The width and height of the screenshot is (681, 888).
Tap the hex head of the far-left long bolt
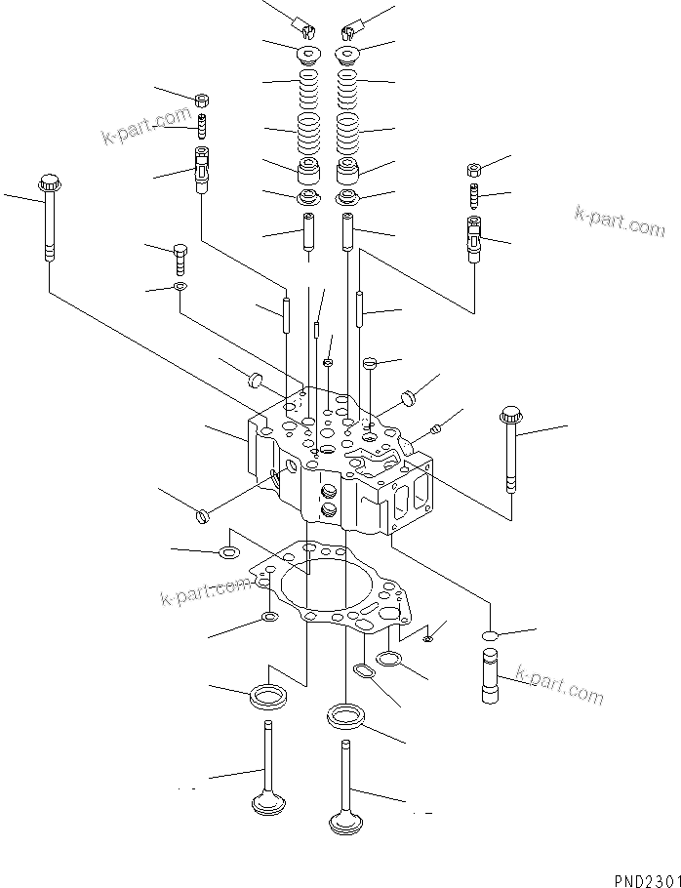49,182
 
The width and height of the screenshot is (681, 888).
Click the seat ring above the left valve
267,697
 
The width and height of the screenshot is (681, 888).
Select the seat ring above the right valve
346,717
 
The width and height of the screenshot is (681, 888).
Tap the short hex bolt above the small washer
180,259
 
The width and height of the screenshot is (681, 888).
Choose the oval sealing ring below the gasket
364,671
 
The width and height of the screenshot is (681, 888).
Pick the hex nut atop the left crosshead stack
202,99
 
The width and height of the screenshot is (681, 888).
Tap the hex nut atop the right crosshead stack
473,168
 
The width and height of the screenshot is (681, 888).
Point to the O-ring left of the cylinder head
202,514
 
